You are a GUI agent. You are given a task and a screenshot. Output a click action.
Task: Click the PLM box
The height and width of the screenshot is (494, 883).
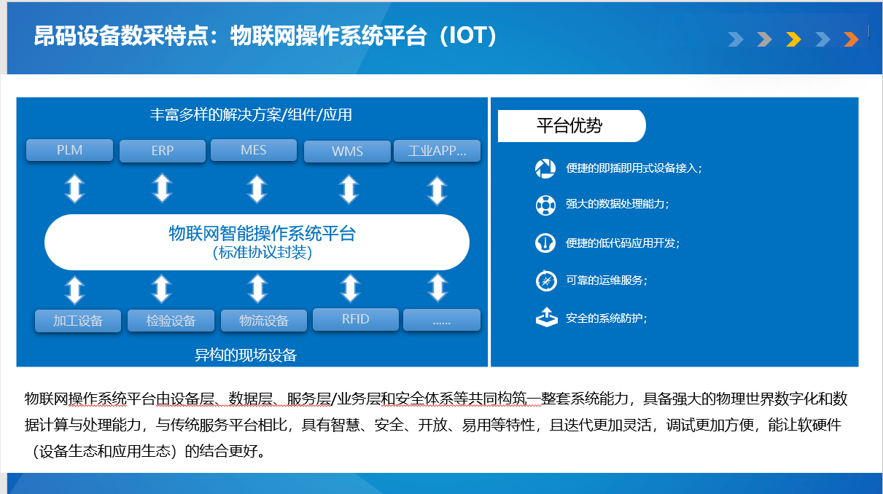pos(69,150)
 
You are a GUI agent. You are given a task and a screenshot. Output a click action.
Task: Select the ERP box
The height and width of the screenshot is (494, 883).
pos(163,151)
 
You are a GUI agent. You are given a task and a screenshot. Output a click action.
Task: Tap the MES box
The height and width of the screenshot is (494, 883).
pos(254,150)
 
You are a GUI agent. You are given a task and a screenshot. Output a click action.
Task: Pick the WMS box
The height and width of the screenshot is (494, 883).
pos(347,152)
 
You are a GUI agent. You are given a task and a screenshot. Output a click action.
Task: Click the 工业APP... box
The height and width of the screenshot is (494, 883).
pos(437,151)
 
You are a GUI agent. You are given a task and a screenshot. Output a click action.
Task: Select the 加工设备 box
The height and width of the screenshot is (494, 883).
pos(78,321)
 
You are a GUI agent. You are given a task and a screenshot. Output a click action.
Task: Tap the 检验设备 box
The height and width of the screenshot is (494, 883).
pos(171,321)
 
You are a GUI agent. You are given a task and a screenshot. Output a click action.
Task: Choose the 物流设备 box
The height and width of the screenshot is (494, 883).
pos(264,321)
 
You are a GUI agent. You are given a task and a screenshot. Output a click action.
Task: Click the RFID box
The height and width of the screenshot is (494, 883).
pos(356,319)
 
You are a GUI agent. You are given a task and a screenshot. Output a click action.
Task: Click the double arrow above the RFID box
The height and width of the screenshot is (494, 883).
pos(351,289)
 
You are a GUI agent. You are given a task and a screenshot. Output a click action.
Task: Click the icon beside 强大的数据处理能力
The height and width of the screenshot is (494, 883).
pos(545,205)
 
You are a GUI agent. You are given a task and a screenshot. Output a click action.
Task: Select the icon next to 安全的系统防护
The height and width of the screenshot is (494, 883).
pos(546,317)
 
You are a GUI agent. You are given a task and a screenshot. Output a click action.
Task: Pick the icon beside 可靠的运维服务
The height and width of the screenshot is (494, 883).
pos(546,281)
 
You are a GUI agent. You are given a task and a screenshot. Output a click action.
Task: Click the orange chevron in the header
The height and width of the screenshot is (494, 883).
pos(851,39)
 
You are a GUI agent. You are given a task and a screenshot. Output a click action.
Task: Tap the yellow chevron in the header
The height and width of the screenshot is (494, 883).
pos(793,39)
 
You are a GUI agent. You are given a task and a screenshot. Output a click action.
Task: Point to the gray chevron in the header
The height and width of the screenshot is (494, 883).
pos(764,39)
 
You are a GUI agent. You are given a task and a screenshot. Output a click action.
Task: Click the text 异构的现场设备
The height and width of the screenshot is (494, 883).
pos(246,355)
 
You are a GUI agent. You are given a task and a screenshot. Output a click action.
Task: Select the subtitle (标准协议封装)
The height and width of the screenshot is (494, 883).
pos(262,253)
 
